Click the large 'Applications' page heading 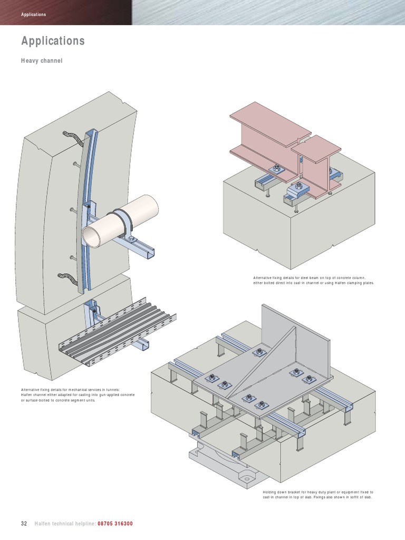click(x=53, y=41)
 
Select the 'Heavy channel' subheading click(x=42, y=61)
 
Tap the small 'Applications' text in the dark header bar click(x=33, y=14)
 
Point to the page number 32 click(x=24, y=524)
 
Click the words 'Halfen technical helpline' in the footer click(x=65, y=524)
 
